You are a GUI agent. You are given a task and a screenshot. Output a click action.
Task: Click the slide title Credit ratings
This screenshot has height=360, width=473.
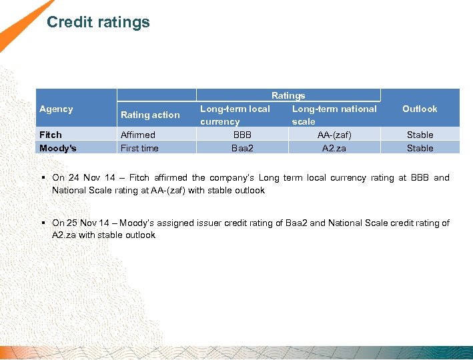98,22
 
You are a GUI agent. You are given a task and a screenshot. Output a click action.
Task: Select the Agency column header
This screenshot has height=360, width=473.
56,109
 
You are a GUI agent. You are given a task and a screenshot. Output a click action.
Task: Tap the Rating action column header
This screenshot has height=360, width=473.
150,115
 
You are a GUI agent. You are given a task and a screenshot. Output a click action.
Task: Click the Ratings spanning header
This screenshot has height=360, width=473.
288,95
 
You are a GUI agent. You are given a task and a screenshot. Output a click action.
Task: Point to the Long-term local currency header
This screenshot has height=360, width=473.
235,115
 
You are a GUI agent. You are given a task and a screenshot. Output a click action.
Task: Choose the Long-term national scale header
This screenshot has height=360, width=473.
334,115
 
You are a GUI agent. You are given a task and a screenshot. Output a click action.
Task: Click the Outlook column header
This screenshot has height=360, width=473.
420,109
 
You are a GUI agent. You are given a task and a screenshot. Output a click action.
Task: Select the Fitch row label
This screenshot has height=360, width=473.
51,135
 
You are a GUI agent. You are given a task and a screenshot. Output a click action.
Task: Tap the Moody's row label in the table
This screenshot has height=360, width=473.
58,148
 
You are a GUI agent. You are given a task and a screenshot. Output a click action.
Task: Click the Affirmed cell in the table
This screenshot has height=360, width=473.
137,135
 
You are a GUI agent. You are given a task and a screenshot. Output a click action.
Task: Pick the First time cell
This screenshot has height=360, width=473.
139,148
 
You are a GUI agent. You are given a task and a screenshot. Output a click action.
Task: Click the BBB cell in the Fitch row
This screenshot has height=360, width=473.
242,135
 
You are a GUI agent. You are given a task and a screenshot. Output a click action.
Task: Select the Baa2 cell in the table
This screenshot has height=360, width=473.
242,148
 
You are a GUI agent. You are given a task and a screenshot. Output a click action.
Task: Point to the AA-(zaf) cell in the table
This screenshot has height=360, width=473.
334,135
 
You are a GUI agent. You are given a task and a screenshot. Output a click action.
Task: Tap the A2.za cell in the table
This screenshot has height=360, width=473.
334,148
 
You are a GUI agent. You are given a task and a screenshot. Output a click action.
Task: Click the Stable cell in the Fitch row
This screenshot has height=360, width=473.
420,135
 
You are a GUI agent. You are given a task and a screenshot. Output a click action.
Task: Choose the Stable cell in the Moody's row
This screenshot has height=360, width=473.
420,148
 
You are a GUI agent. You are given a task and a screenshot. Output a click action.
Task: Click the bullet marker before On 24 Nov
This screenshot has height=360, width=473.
43,178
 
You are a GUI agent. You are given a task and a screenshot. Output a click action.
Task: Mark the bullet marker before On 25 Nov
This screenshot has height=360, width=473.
43,223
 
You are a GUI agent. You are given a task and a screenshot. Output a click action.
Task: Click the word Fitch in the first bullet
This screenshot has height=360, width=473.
139,178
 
